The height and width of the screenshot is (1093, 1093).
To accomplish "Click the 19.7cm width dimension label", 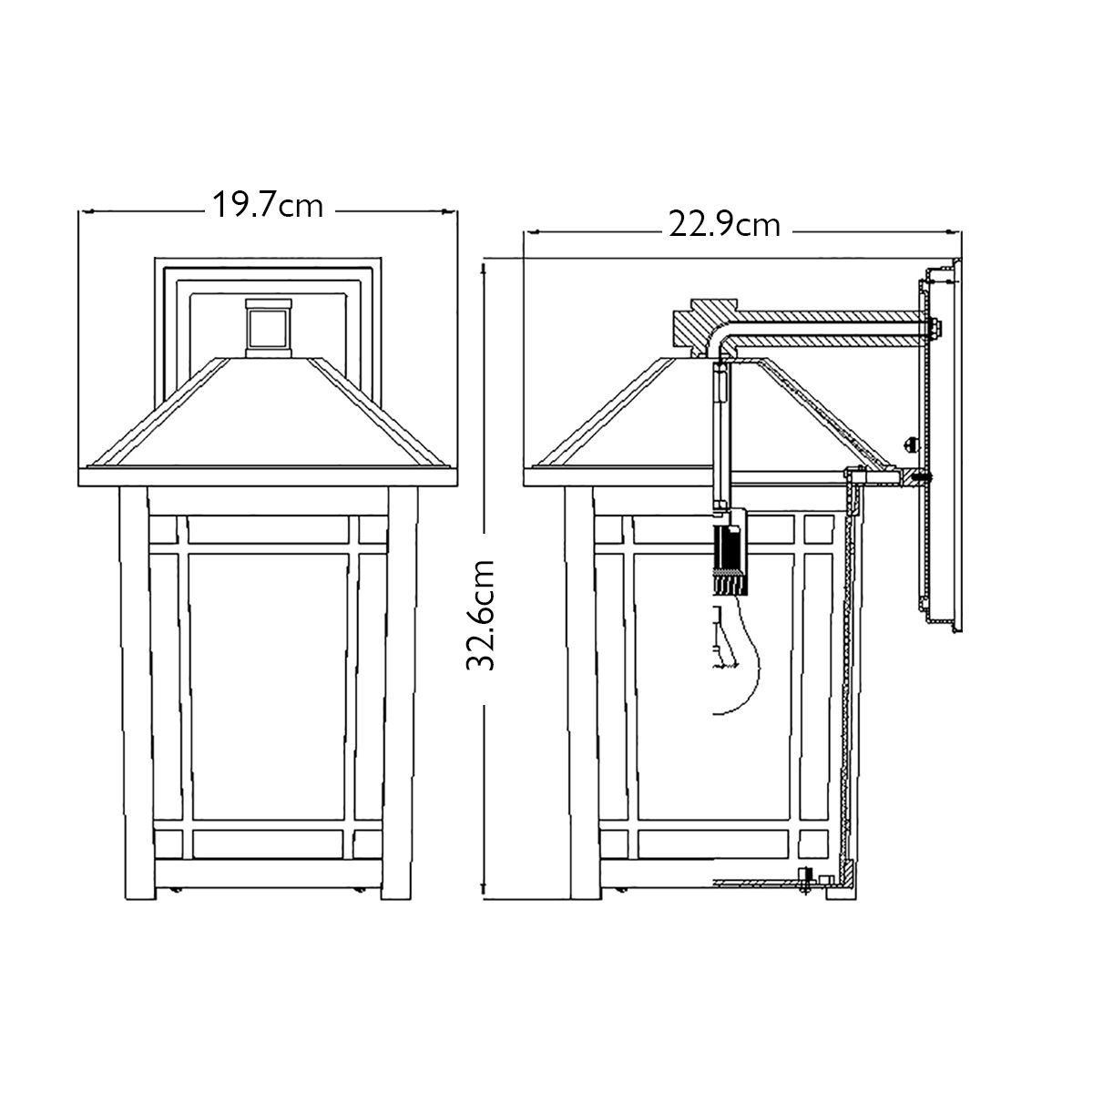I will (268, 205).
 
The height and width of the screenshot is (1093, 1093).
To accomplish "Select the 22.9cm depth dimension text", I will (725, 224).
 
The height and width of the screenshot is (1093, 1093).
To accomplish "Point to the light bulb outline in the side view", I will (742, 656).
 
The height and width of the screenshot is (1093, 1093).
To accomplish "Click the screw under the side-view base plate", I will (804, 883).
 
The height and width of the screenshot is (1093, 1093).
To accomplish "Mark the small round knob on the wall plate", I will (914, 444).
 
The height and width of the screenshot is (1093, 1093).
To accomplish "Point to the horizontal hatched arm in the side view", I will (829, 328).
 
